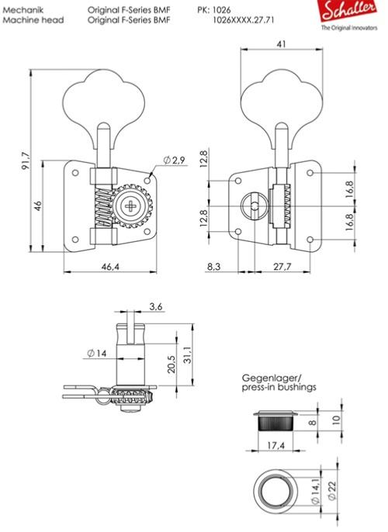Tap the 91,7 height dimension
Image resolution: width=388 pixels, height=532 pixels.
[x=26, y=161]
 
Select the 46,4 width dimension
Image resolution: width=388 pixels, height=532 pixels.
[x=110, y=267]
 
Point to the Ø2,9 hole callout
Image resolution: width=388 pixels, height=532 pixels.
[x=175, y=160]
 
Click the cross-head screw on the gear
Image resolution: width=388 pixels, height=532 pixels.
[x=130, y=206]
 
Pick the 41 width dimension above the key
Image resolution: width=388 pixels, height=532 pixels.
[x=282, y=43]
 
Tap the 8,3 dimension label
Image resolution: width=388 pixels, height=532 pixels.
[x=213, y=267]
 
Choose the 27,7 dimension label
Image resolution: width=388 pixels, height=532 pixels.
[x=282, y=267]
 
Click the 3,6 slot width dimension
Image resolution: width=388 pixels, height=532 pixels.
[x=156, y=307]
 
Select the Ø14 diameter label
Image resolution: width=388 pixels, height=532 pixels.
[x=97, y=353]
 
